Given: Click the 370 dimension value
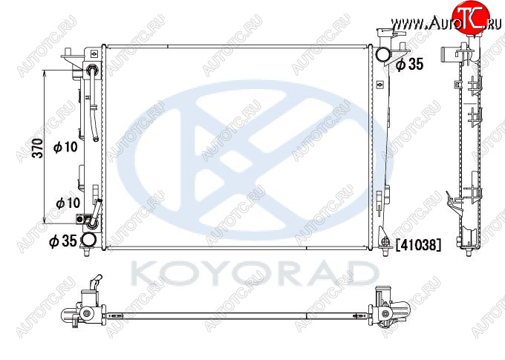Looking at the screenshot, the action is [x=38, y=148].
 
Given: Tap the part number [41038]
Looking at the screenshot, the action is [x=418, y=245].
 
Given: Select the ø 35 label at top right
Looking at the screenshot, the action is [x=409, y=64].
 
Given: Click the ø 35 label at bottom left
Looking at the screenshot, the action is [x=63, y=240].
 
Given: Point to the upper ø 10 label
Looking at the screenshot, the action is [x=65, y=147].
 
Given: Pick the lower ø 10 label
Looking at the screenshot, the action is [x=68, y=203].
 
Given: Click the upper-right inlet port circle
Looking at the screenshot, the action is [x=383, y=54].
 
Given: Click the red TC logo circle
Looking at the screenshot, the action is [x=471, y=17].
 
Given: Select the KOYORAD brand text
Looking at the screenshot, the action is [x=255, y=274].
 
